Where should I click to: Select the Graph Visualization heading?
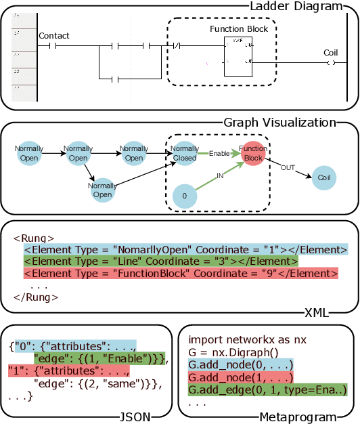[x=279, y=123]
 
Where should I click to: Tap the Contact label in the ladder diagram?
[x=54, y=35]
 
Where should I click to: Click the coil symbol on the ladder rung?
[x=330, y=63]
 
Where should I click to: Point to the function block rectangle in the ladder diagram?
[x=238, y=56]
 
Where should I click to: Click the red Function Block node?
[x=253, y=154]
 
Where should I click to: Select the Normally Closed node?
[x=184, y=154]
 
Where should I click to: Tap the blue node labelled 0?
[x=184, y=196]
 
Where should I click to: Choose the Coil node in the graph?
[x=323, y=177]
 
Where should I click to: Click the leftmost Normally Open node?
[x=30, y=154]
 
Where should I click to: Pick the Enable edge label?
[x=218, y=154]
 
